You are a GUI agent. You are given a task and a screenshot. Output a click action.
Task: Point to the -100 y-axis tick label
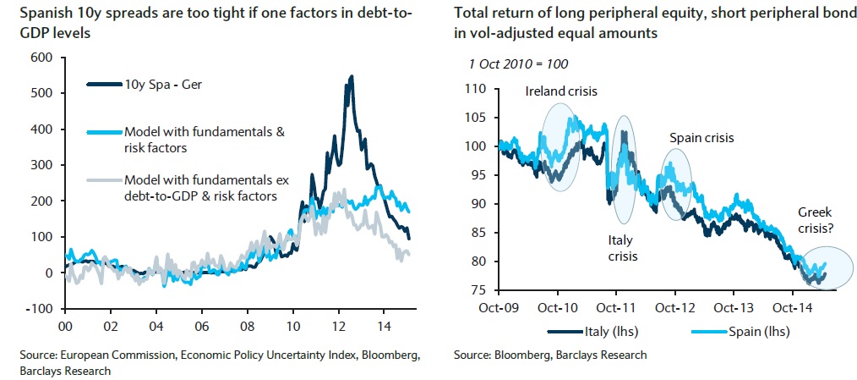[39, 309]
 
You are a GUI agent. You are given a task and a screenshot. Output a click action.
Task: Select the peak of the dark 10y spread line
[351, 76]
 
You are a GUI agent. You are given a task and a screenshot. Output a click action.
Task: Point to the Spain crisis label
[701, 137]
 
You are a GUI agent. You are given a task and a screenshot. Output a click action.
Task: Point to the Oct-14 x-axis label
[794, 306]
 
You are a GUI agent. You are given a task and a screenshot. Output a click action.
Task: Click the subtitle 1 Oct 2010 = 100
[518, 63]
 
